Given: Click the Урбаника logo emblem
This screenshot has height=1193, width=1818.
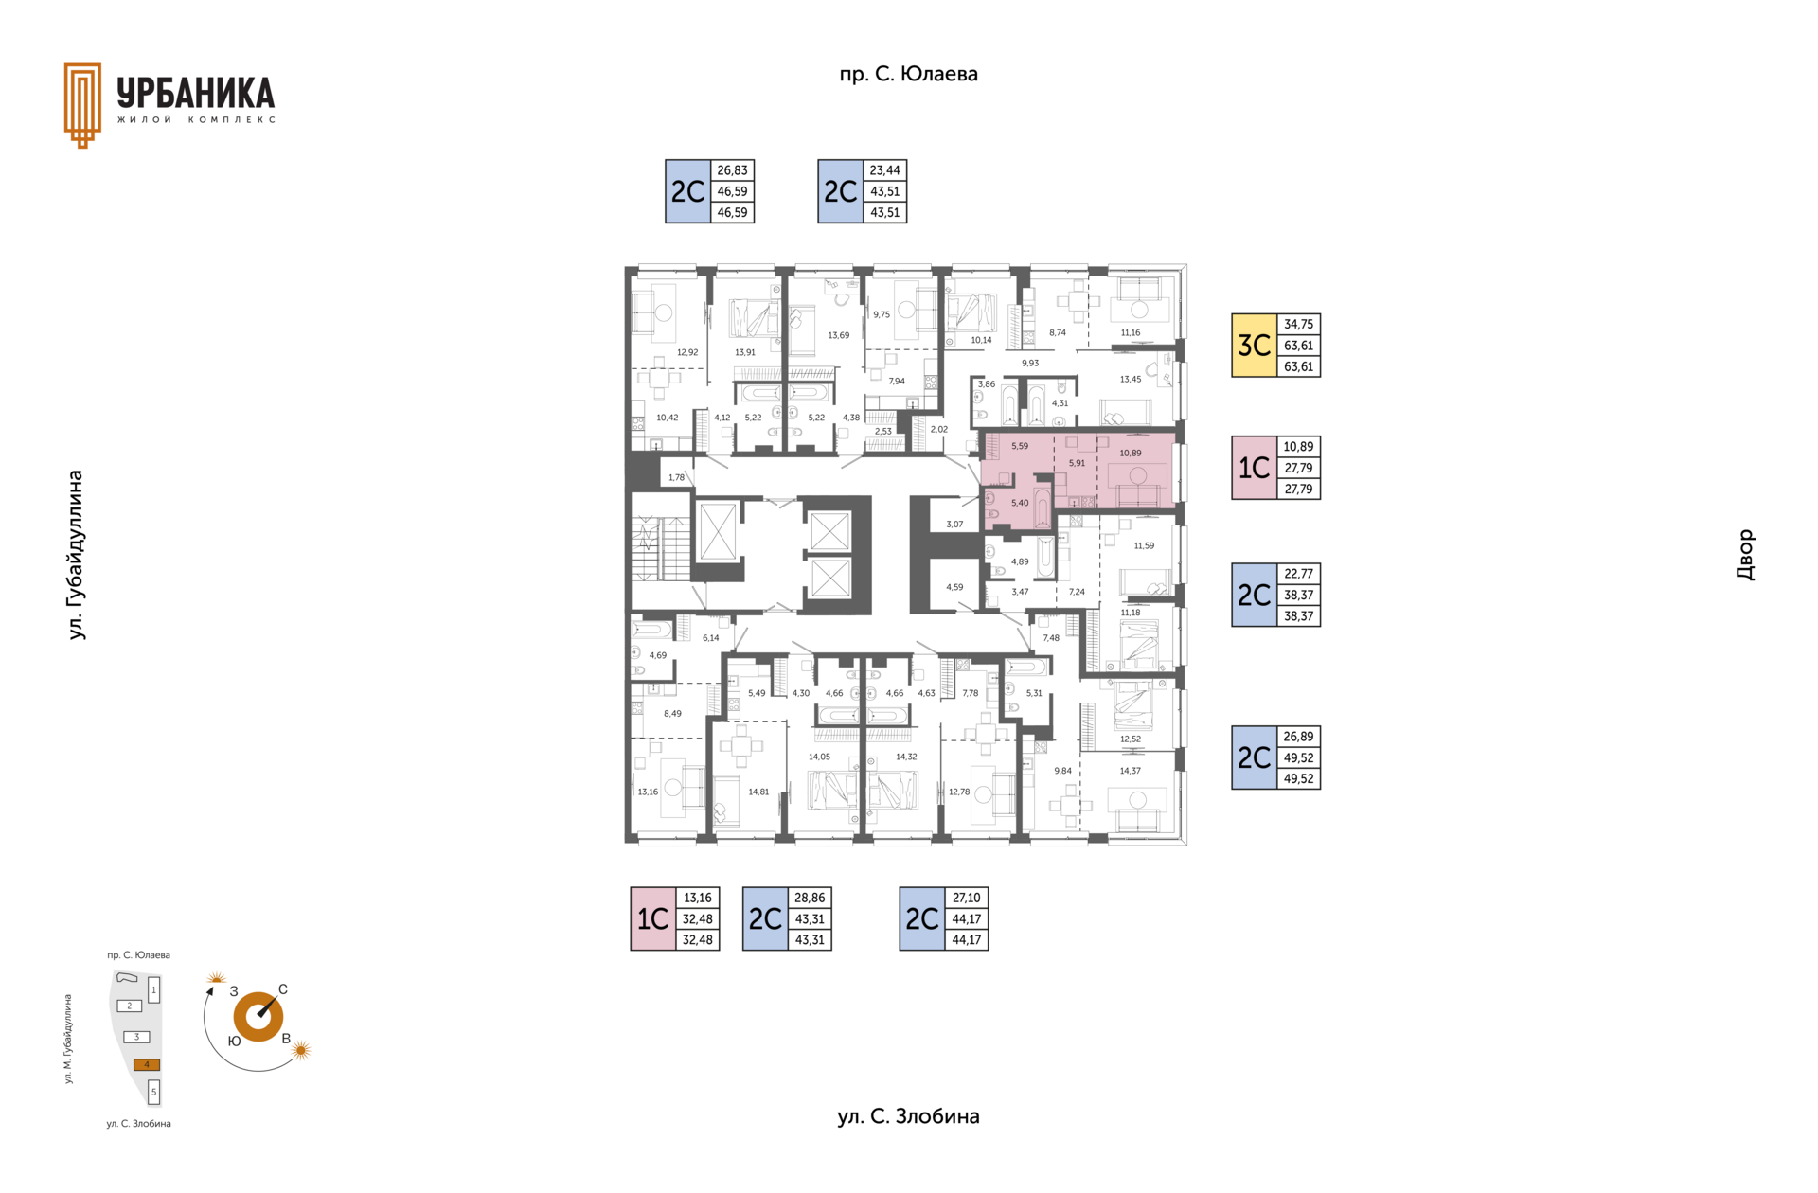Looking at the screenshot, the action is [x=82, y=105].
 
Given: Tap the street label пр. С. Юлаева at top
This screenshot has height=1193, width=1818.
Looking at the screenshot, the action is [x=908, y=74].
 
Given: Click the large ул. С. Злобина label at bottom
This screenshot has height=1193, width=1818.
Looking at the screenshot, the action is [x=908, y=1116].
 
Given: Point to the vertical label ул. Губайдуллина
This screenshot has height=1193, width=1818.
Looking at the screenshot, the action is [x=77, y=555].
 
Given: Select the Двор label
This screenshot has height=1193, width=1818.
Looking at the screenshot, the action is [x=1745, y=555].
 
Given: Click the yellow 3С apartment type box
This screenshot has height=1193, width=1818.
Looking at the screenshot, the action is [x=1254, y=346].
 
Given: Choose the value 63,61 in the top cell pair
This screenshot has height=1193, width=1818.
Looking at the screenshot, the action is [x=1298, y=346].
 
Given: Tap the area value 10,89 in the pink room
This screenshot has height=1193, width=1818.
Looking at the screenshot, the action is [x=1130, y=454].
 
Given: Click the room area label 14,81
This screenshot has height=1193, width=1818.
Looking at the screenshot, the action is [x=758, y=792].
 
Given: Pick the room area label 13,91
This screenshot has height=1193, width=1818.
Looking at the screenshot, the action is [x=745, y=352].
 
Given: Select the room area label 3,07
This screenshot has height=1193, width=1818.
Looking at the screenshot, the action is [x=954, y=525].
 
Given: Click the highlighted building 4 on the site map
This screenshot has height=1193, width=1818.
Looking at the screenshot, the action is [x=146, y=1064].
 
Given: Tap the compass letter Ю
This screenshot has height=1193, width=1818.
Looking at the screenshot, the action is [x=234, y=1041].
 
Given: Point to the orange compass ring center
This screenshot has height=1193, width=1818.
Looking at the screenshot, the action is [x=258, y=1017].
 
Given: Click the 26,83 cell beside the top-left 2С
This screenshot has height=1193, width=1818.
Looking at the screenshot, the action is [x=732, y=170].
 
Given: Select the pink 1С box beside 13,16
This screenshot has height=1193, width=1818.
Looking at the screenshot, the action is [x=653, y=918].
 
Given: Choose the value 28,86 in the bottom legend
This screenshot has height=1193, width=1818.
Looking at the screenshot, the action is [x=810, y=898].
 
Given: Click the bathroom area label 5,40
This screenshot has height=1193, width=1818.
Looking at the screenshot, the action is [x=1019, y=503].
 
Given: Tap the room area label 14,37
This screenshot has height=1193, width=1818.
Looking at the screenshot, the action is [x=1130, y=771].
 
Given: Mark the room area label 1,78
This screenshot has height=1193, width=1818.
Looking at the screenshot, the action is [x=676, y=477].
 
